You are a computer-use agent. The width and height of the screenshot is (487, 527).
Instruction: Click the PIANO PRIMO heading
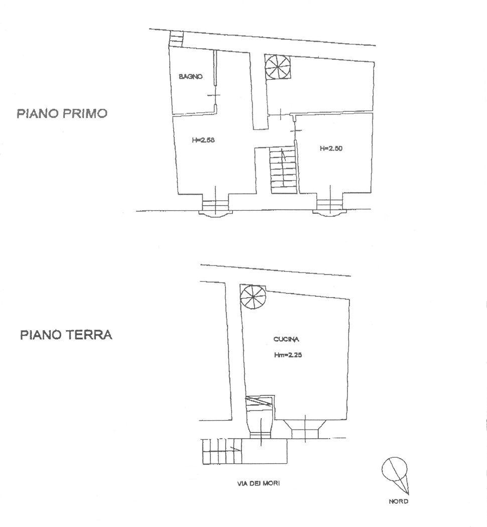62,113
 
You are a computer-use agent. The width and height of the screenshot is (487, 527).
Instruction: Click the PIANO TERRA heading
66,335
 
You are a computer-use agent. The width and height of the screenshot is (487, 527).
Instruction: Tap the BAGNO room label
191,77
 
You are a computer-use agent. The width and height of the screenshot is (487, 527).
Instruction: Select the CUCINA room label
286,340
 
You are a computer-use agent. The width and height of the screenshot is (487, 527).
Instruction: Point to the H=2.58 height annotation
203,141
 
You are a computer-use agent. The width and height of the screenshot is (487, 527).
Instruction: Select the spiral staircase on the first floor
278,66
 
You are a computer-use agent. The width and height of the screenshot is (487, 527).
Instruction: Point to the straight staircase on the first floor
283,170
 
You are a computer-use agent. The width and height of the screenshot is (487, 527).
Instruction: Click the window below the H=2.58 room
215,207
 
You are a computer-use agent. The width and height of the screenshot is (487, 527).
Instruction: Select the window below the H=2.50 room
330,207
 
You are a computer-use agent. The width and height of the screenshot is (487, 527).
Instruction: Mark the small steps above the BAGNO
176,38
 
